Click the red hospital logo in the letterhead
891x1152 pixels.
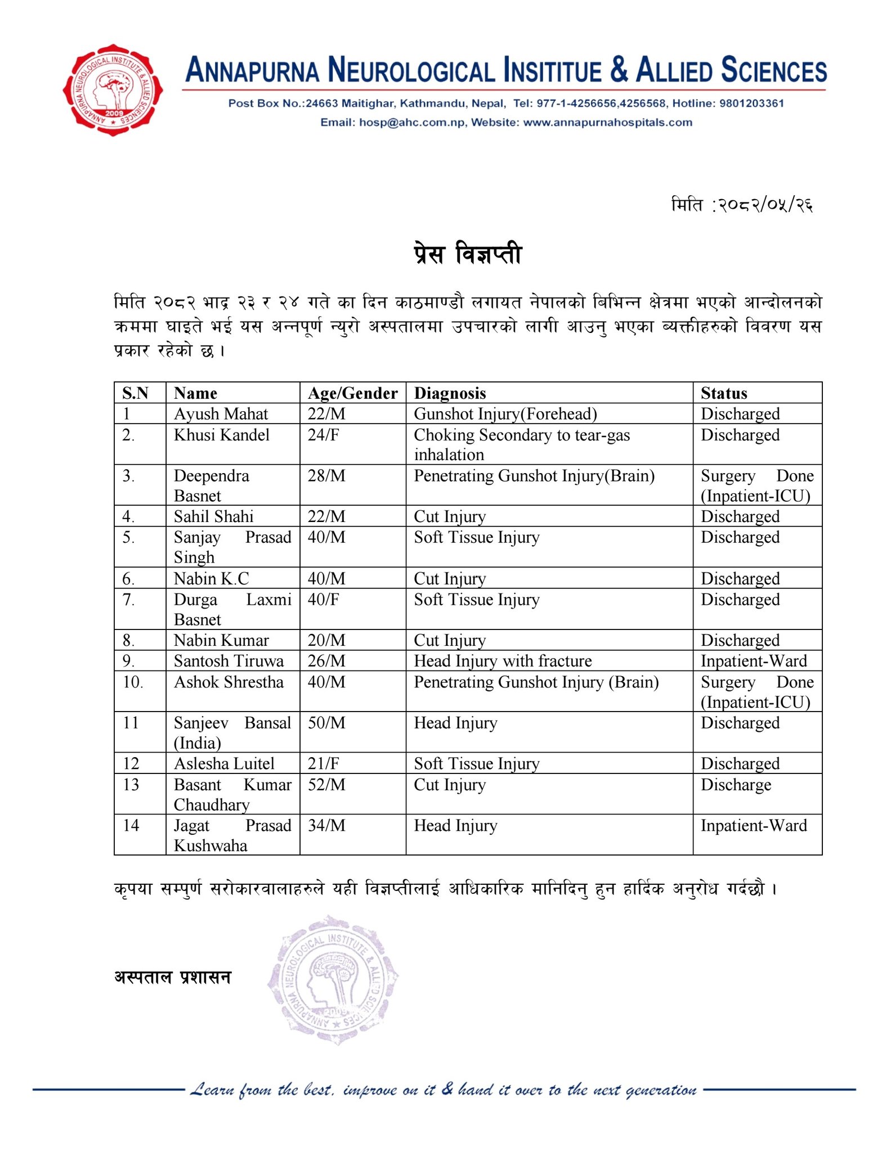113,90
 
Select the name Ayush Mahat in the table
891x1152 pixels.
221,414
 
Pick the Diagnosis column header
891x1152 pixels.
450,393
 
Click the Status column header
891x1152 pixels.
724,393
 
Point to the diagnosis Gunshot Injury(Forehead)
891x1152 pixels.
505,414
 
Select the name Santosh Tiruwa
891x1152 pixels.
229,661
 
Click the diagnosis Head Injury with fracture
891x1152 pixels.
503,661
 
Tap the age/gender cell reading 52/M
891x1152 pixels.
326,785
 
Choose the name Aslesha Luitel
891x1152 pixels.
224,763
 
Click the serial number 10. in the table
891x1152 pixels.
133,682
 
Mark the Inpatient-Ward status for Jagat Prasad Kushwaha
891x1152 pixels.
754,826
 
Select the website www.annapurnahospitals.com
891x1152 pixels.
607,123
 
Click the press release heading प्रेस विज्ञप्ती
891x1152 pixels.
467,255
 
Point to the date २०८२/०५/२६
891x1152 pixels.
764,205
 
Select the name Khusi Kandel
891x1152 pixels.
222,435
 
